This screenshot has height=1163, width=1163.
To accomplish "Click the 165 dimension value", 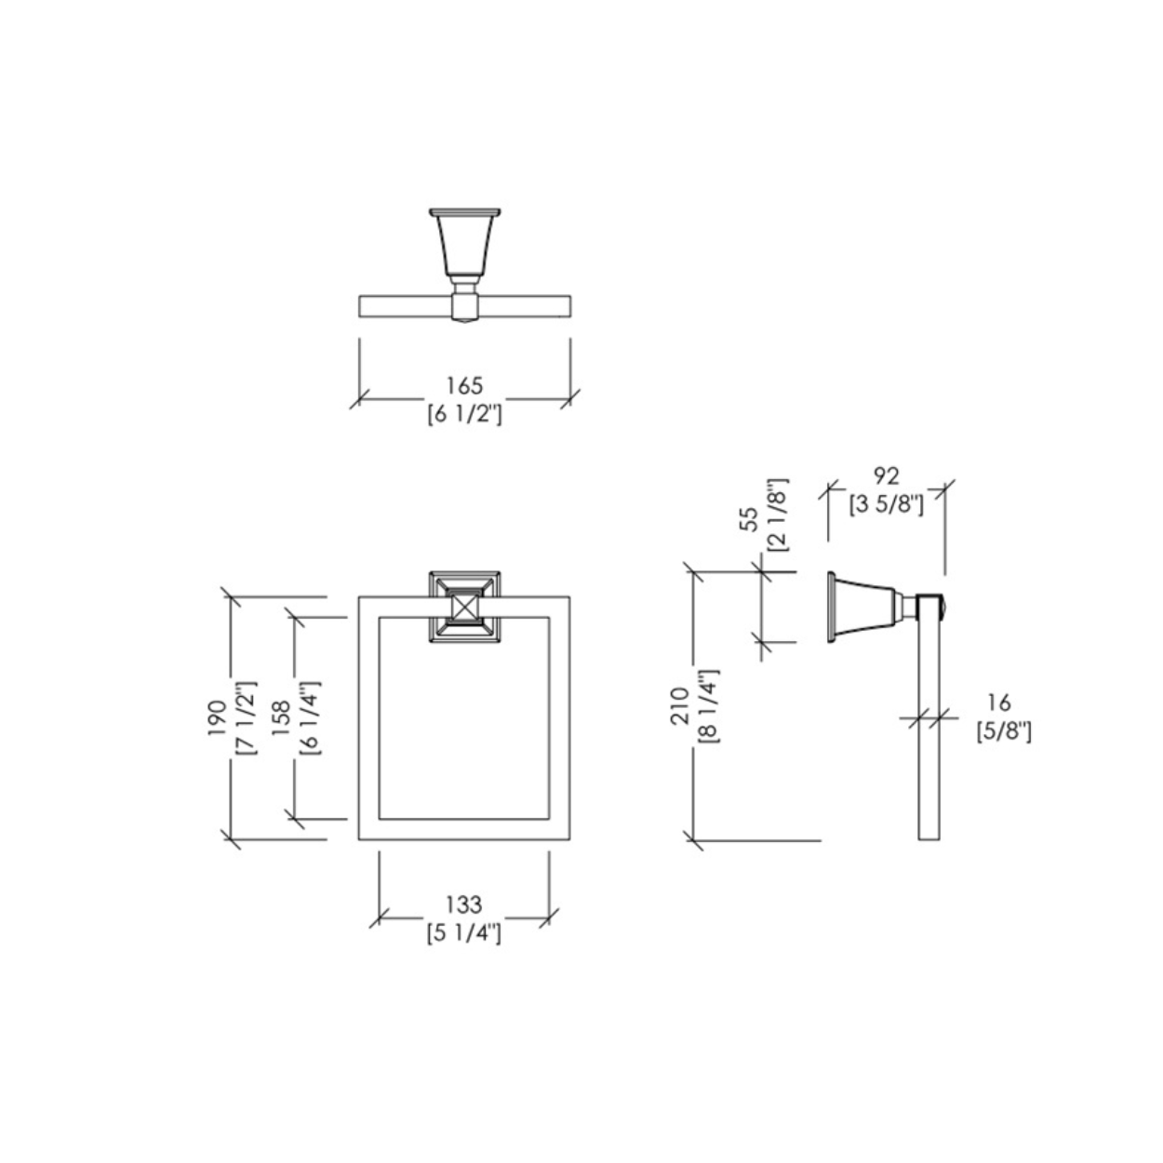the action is coord(464,385).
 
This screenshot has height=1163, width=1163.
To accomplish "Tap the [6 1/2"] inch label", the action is coord(464,415).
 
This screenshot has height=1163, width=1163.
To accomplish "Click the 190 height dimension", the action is coord(217,717).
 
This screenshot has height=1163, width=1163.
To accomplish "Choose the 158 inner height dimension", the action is coord(281,717).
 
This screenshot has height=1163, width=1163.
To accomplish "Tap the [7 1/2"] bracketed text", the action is coord(247,717).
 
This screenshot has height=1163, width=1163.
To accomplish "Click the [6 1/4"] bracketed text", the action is coord(310,717).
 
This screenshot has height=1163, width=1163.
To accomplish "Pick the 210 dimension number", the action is coord(680,705).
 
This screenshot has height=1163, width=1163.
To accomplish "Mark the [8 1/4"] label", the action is coord(709,705).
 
